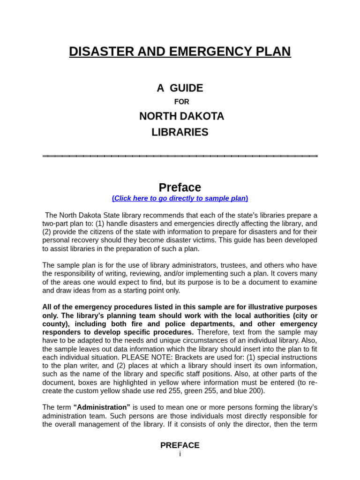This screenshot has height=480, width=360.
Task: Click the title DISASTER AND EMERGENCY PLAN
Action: (x=180, y=52)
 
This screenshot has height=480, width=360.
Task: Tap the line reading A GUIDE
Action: (x=180, y=88)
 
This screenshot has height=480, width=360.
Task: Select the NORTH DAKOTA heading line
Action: (x=181, y=116)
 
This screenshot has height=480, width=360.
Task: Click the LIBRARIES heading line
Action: (x=180, y=132)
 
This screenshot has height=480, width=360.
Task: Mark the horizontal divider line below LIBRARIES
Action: (x=180, y=156)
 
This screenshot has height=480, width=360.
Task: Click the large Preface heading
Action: (x=180, y=187)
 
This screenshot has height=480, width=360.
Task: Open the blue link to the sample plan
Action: (x=180, y=198)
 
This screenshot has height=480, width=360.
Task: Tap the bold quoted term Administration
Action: (x=102, y=407)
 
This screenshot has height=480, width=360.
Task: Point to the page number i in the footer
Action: (x=180, y=454)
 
